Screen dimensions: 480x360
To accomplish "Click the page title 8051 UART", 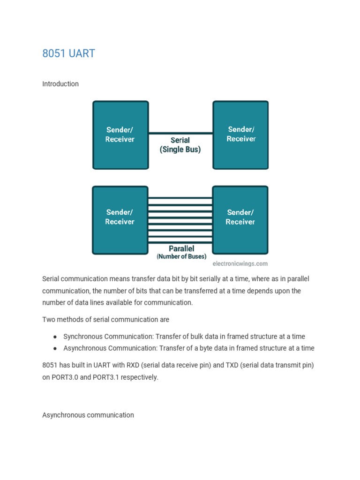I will coord(68,53).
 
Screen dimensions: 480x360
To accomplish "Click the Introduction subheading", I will coord(60,84).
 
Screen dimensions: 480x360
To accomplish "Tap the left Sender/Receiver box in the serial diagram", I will coord(120,135).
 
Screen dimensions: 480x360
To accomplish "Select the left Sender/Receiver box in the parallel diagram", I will coord(120,219).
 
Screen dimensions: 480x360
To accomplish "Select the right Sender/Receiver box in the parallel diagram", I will coord(240,219).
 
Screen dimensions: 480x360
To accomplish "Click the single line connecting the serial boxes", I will coord(180,134).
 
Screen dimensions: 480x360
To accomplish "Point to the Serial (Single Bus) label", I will coord(180,145).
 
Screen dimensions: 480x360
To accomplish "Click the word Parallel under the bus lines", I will coord(181,248).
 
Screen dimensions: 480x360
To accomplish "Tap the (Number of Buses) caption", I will coord(181,257).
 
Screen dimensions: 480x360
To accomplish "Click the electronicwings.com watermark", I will coord(240,264).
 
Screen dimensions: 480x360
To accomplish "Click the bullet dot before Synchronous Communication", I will coord(55,337).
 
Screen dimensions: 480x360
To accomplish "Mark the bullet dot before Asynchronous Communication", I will coord(55,348).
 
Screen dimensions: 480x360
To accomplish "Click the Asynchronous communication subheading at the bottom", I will coord(88,415).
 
